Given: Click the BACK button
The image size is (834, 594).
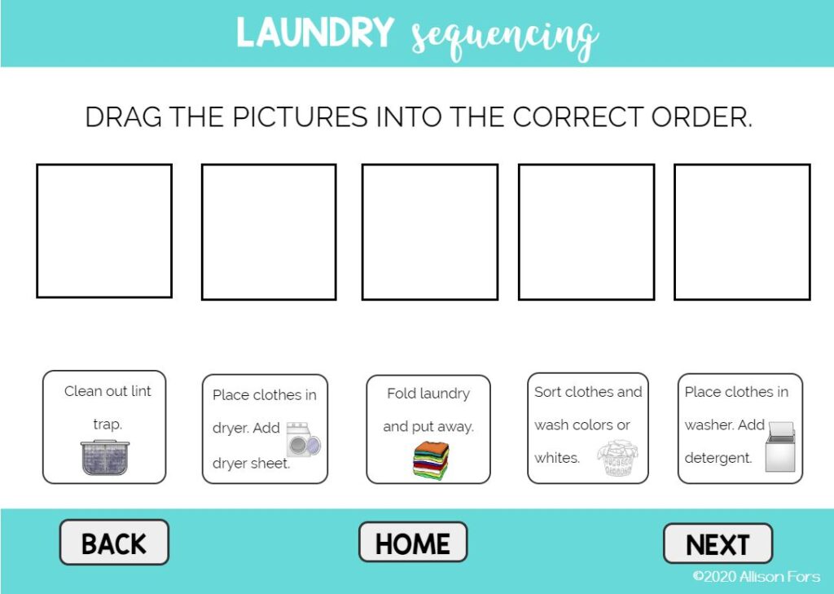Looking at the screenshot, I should [114, 543].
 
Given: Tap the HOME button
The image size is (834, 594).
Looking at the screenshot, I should [413, 543].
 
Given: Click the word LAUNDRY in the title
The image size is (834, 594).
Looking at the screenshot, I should [315, 33].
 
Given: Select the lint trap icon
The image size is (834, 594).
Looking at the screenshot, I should [105, 457].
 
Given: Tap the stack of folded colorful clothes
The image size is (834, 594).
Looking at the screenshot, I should [430, 460].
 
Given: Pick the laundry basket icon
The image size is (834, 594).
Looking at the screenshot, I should [617, 458].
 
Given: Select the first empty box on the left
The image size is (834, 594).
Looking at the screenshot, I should [104, 231].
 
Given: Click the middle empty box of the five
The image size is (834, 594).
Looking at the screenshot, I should [429, 231].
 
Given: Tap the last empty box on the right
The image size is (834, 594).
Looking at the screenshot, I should [742, 231].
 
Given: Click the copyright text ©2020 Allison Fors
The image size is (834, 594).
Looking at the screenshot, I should [757, 577].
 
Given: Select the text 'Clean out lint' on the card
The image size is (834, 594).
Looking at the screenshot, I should [108, 391].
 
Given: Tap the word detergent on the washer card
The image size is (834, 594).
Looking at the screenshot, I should [718, 458].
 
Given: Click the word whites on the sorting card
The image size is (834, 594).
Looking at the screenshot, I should [557, 458].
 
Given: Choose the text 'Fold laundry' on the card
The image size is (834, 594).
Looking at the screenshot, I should [428, 394].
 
